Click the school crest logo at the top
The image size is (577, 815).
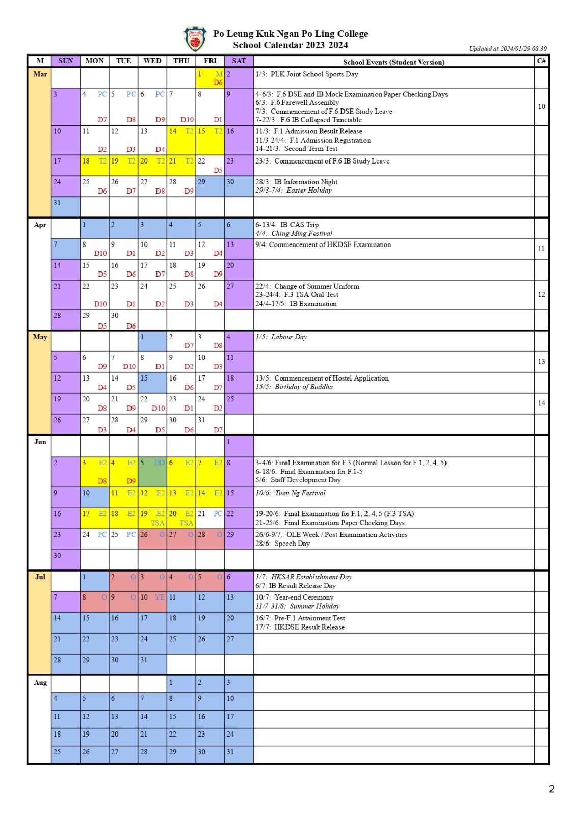[x=195, y=40]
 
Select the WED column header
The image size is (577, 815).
[x=152, y=61]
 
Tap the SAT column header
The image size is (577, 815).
[x=239, y=61]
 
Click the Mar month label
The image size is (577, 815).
[x=40, y=74]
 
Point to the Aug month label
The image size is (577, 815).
[x=40, y=683]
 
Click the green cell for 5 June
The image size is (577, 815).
[x=152, y=471]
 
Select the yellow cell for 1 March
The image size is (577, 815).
[x=210, y=78]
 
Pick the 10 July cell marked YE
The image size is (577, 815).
[x=152, y=602]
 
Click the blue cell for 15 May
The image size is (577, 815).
[x=152, y=383]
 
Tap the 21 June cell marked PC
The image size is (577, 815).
[x=210, y=518]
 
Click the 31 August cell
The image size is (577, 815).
[x=239, y=754]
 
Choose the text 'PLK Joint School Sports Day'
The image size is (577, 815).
[x=314, y=74]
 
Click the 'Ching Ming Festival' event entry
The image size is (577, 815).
[x=301, y=233]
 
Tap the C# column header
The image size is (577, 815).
[x=541, y=61]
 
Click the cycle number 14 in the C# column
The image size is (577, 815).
[x=541, y=403]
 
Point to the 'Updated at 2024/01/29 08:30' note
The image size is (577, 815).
[x=508, y=49]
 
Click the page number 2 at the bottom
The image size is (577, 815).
[x=552, y=789]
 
